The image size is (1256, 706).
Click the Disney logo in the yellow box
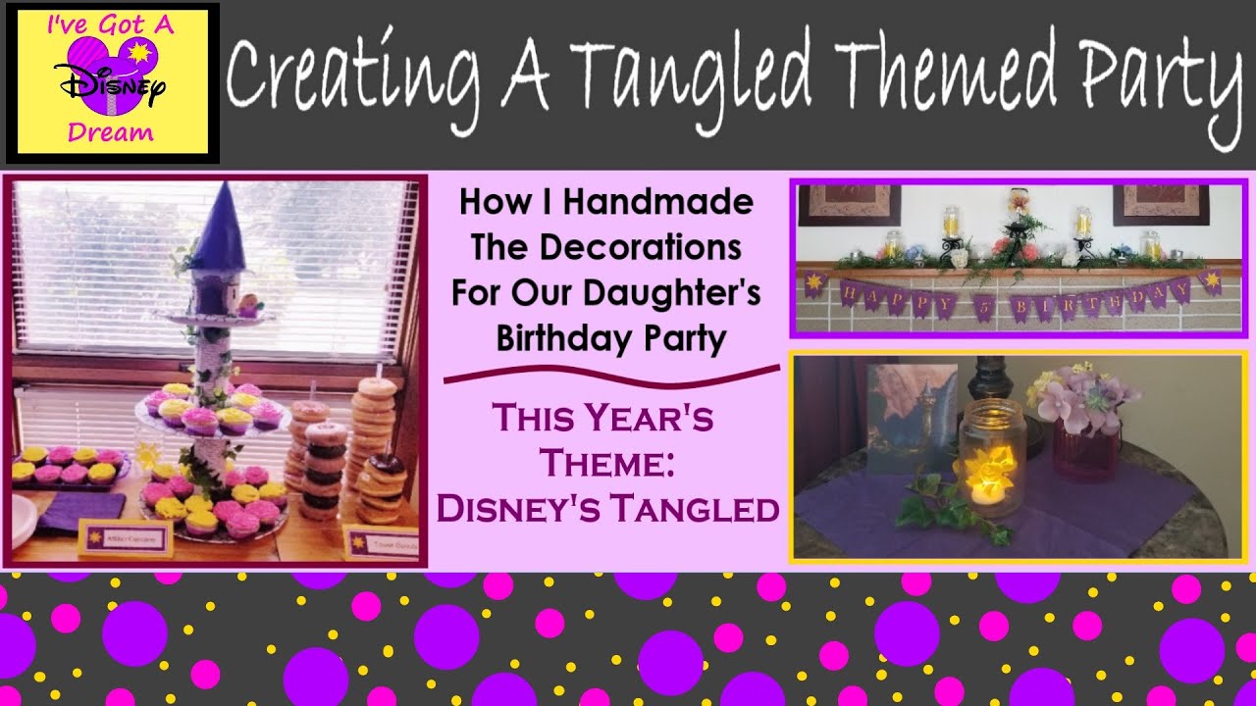[112, 82]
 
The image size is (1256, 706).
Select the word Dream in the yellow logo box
[111, 132]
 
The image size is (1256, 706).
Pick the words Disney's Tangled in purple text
[607, 509]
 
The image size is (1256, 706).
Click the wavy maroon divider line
[611, 375]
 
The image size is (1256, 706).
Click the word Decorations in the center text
[606, 247]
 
